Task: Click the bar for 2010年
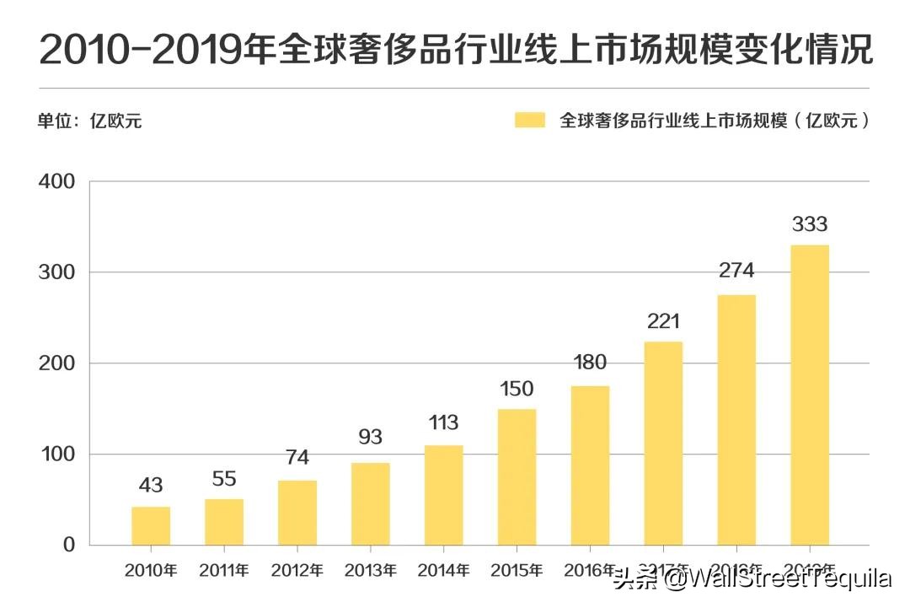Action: click(151, 525)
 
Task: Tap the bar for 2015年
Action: click(517, 476)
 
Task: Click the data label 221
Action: click(663, 321)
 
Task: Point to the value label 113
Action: click(443, 422)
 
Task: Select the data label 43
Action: click(151, 486)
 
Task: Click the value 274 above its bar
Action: click(736, 271)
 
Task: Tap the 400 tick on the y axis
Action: click(57, 181)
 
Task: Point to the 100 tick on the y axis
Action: click(57, 455)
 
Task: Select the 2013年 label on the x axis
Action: click(370, 571)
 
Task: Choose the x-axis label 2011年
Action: click(223, 571)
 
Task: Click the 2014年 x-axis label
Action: click(443, 571)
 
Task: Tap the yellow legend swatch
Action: click(530, 120)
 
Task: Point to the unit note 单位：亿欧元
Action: click(89, 121)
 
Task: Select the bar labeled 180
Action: click(590, 465)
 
